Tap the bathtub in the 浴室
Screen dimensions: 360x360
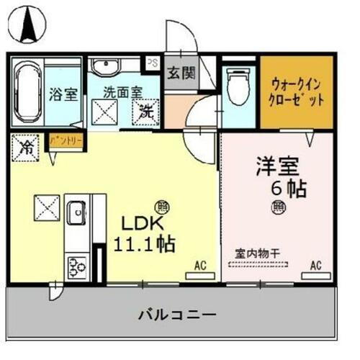pyautogui.click(x=27, y=93)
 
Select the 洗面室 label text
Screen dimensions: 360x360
pyautogui.click(x=122, y=92)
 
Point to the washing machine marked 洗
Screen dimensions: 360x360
pyautogui.click(x=146, y=112)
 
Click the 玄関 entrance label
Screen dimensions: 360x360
pyautogui.click(x=181, y=73)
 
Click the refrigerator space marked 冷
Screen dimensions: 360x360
pyautogui.click(x=25, y=148)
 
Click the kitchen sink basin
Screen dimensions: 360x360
pyautogui.click(x=76, y=214)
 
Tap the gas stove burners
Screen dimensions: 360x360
pyautogui.click(x=76, y=266)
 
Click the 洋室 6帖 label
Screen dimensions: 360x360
pyautogui.click(x=279, y=176)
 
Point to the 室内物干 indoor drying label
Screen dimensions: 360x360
pyautogui.click(x=258, y=253)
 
